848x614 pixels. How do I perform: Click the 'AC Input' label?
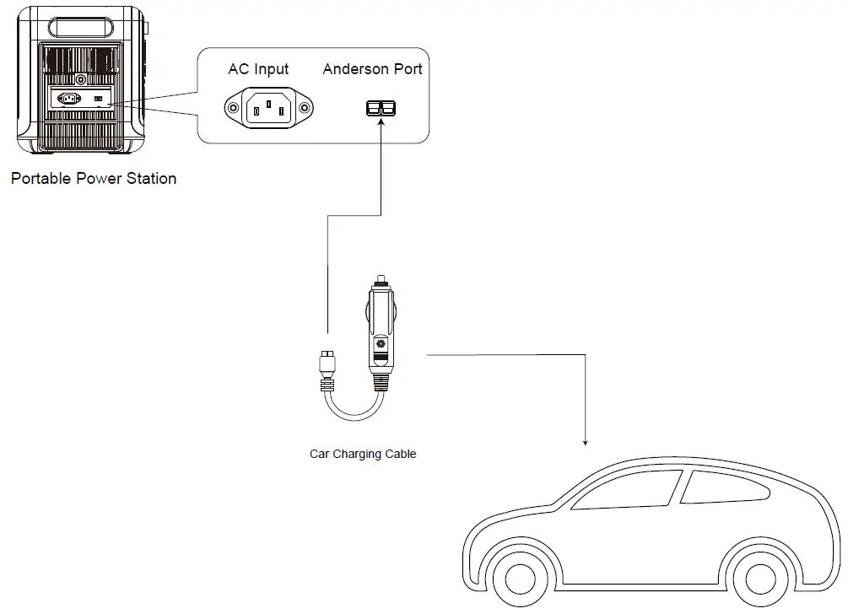(258, 69)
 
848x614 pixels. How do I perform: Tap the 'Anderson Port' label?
(372, 69)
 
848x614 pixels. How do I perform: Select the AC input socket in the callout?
(268, 108)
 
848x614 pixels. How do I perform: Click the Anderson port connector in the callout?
(381, 108)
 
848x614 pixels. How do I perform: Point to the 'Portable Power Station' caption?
(94, 179)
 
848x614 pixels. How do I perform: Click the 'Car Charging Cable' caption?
(363, 454)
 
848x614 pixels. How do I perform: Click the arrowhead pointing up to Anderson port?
(381, 124)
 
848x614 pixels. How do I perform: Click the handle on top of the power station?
(81, 24)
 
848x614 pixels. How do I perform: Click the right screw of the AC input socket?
(305, 108)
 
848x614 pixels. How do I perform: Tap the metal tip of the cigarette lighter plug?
(381, 279)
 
